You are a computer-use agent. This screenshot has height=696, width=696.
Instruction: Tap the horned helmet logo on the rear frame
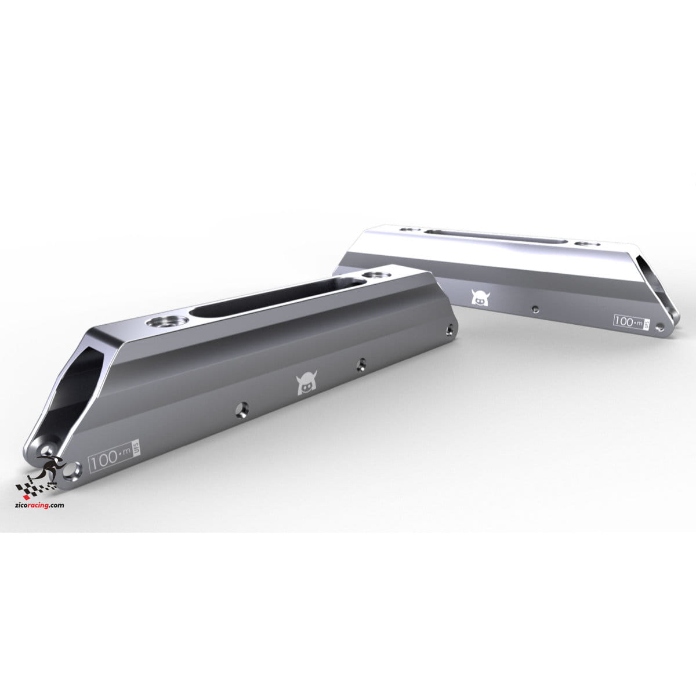coord(480,297)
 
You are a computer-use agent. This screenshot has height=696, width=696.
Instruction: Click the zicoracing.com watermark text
coord(39,505)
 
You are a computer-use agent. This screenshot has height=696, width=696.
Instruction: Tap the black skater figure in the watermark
coord(50,466)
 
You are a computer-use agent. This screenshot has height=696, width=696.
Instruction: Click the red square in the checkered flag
coord(26,496)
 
